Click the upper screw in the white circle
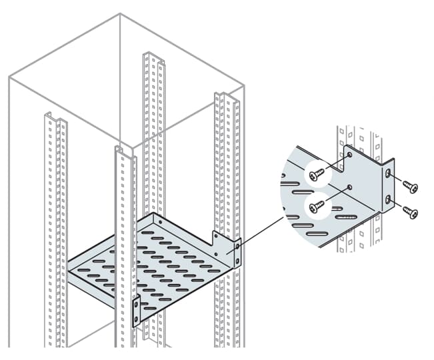coord(317,175)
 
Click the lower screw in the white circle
coord(317,205)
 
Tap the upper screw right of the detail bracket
coord(409,187)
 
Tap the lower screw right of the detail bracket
coord(410,213)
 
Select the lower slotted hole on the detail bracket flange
coord(389,200)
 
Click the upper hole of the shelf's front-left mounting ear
coord(137,306)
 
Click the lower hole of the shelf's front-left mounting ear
coord(137,319)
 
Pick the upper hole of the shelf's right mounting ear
coord(235,247)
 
